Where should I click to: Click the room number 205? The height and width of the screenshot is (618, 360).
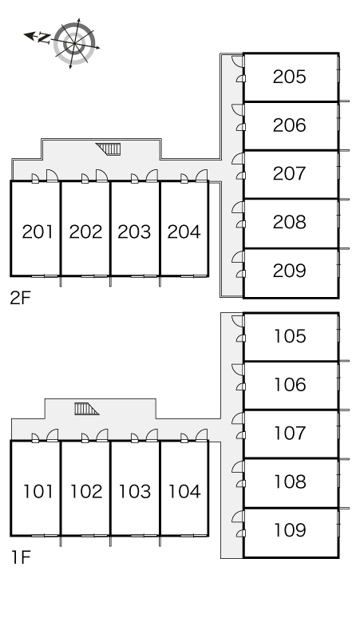click(289, 77)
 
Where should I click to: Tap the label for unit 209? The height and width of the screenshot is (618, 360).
click(289, 271)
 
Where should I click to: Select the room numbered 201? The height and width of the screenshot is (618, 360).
click(37, 232)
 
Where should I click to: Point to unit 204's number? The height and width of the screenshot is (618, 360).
click(184, 232)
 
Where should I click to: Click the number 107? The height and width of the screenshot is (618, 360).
click(290, 433)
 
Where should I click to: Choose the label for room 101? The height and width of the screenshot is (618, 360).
click(38, 492)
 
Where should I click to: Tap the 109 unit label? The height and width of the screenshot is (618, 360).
click(290, 530)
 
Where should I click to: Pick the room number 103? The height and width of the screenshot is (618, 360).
click(135, 492)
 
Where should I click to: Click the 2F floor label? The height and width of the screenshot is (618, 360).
click(20, 299)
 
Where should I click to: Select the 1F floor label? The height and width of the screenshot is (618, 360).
click(21, 557)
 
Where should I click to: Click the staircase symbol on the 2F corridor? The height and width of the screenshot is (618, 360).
click(109, 149)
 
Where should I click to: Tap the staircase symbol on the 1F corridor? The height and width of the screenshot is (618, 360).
click(86, 409)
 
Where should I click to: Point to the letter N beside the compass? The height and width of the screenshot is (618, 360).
click(44, 38)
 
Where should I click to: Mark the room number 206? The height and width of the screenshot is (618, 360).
click(289, 125)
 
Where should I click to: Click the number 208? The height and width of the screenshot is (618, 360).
click(289, 222)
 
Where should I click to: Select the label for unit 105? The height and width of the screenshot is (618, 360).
click(290, 336)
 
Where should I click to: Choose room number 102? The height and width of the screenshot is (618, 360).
click(86, 492)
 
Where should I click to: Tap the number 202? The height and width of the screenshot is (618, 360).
click(86, 232)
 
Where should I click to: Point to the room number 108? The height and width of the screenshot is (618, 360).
click(290, 481)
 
